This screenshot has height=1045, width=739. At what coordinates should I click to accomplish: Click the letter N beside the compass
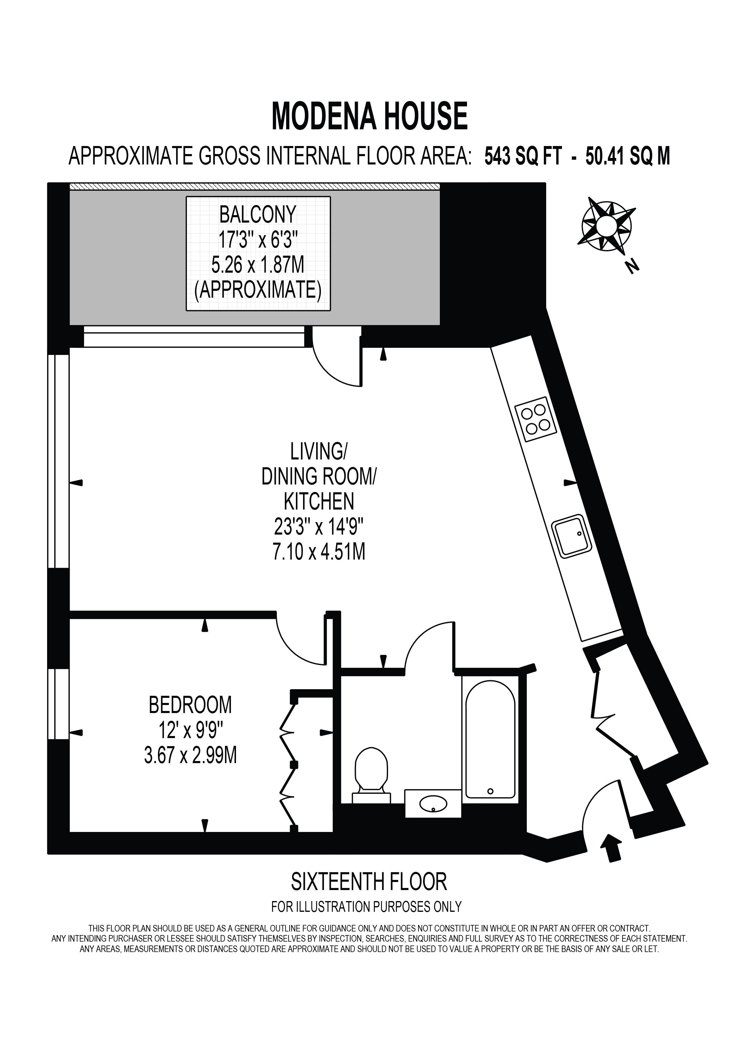[x=632, y=266]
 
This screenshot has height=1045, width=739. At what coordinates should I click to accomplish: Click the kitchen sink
[x=572, y=536]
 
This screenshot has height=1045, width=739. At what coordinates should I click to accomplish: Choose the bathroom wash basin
[x=433, y=803]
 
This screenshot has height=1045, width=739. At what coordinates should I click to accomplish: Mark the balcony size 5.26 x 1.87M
[x=258, y=265]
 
